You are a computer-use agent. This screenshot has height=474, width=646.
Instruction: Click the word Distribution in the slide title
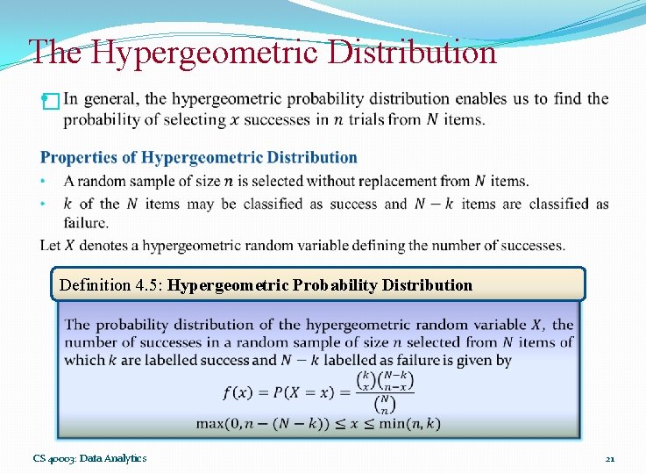coord(411,53)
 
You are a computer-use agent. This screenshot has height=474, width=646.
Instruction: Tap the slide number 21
coord(610,458)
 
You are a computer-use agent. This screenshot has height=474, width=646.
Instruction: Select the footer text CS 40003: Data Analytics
coord(89,458)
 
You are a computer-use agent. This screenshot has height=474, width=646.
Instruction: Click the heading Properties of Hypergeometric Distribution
coord(199,158)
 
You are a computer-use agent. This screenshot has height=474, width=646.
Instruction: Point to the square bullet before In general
coord(50,101)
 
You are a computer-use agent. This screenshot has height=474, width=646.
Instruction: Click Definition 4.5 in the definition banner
coord(110,285)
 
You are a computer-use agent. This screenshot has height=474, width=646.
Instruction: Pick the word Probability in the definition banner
coord(337,285)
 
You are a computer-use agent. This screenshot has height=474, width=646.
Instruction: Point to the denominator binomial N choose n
coord(385,405)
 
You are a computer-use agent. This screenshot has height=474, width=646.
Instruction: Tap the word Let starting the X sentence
coord(51,245)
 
